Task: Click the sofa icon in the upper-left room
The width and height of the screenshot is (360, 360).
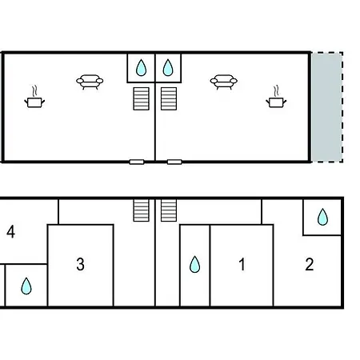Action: (x=90, y=82)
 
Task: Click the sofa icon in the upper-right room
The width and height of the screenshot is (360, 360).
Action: (x=223, y=82)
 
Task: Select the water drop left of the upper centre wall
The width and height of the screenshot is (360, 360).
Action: (x=141, y=68)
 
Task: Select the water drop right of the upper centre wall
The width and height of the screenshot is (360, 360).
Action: (x=168, y=68)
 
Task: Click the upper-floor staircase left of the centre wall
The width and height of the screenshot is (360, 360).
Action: (x=141, y=98)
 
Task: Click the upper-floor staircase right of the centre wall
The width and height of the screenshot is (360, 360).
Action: (x=169, y=98)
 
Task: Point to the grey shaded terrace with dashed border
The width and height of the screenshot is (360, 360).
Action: (x=327, y=107)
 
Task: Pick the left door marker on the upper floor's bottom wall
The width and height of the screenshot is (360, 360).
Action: (x=137, y=162)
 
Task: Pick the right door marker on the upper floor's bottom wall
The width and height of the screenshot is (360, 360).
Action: (x=174, y=162)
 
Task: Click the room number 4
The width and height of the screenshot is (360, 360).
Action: (x=10, y=231)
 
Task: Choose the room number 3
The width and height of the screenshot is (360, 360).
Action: (x=80, y=264)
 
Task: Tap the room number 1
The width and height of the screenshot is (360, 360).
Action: (x=242, y=264)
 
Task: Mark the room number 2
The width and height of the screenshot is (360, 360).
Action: (x=310, y=264)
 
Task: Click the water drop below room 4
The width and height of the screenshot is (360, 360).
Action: (x=26, y=286)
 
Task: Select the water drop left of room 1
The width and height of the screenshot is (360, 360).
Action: (x=194, y=264)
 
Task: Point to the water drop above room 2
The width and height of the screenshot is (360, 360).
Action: (x=322, y=217)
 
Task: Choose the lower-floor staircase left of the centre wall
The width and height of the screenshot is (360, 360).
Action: (x=141, y=210)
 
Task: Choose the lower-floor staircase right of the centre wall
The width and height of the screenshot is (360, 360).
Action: (x=169, y=210)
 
